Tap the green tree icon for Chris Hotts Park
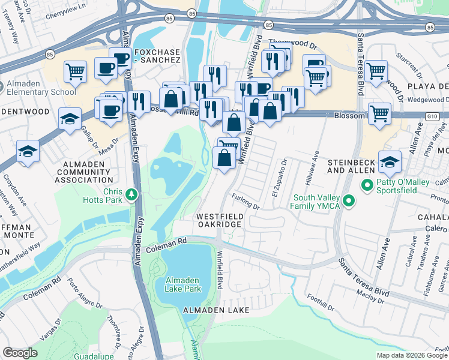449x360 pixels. pos(131,194)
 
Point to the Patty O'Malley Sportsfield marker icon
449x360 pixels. pos(368,185)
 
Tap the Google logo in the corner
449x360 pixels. pos(20,353)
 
